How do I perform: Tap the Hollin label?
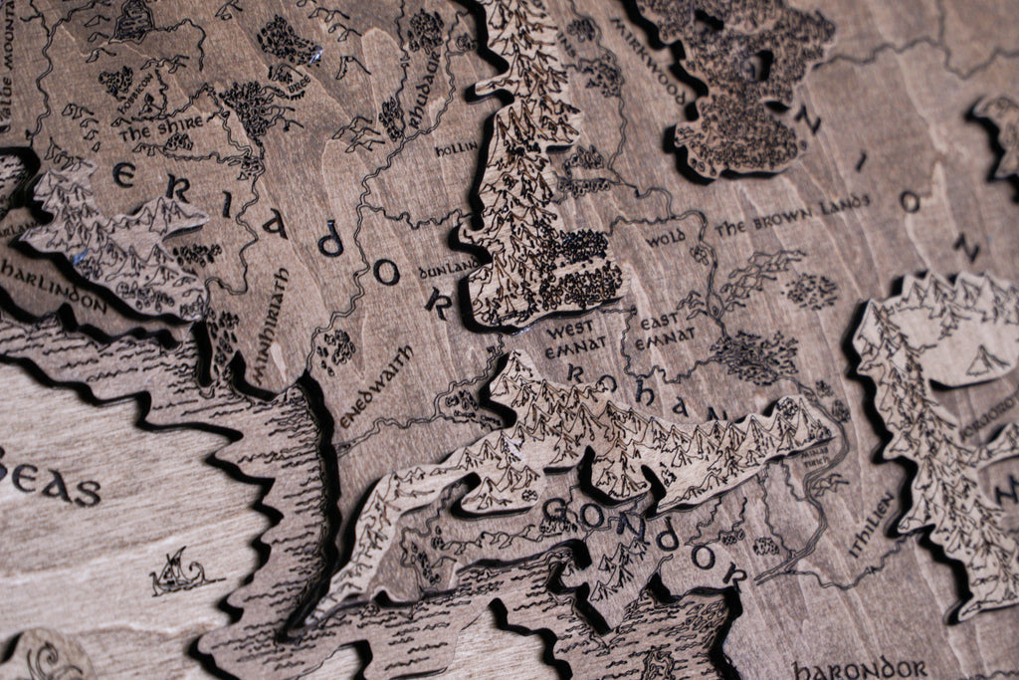pos(456,148)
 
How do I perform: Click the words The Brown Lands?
pos(791,214)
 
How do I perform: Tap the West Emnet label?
pos(569,335)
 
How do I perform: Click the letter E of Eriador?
pos(124,175)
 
